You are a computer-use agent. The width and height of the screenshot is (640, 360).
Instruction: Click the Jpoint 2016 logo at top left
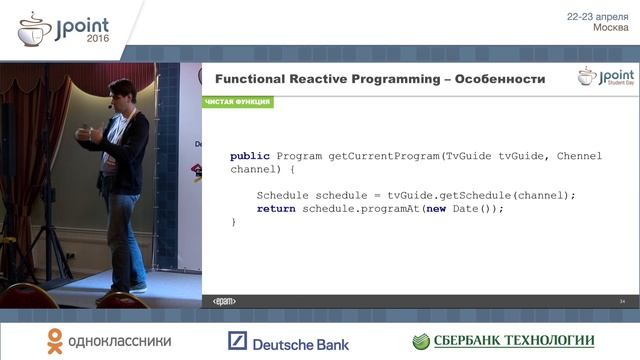pos(66,27)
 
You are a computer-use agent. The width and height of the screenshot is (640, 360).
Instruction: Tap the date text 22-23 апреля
pos(597,16)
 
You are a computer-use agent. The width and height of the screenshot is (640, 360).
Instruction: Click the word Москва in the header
pos(610,28)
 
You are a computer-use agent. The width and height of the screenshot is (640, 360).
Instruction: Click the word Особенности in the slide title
pos(496,78)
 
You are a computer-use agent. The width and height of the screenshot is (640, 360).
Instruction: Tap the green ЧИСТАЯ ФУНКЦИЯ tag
pos(237,102)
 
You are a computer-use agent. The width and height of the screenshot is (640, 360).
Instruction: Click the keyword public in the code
pos(250,157)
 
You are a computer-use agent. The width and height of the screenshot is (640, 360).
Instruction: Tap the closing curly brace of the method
pos(234,221)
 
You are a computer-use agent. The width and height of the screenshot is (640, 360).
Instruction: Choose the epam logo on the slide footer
pos(225,301)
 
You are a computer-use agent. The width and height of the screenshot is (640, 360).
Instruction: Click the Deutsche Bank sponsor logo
pos(288,342)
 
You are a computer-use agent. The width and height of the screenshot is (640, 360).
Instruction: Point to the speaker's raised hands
pos(91,133)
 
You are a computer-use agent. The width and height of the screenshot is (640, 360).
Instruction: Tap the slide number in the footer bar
pos(622,301)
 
